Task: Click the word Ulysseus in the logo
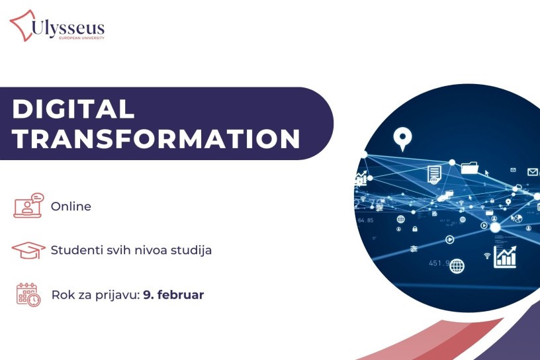point(68,27)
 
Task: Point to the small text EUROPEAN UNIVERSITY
point(81,38)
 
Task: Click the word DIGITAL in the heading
point(73,109)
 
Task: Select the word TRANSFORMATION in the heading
point(156,139)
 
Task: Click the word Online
point(71,206)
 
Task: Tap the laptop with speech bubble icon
point(29,205)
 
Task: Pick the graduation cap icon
point(28,250)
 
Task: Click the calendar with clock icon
point(28,295)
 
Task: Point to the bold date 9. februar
point(173,295)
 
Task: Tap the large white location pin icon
point(402,138)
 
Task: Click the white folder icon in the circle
point(470,168)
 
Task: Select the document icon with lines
point(434,174)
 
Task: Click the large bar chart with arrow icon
point(505,257)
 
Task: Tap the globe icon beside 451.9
point(457,266)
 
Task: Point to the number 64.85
point(366,220)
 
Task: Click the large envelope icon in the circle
point(533,171)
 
